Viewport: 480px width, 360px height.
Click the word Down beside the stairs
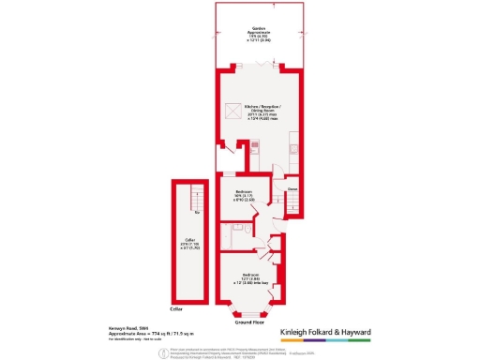[292, 188]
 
